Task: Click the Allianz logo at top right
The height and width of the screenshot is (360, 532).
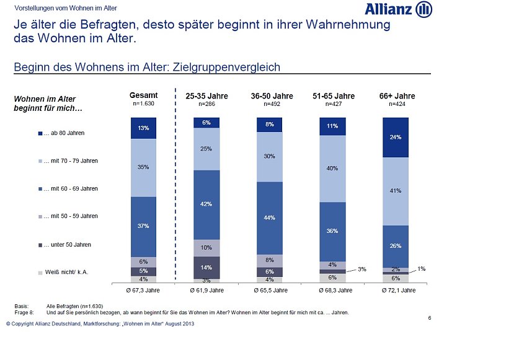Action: [x=398, y=9]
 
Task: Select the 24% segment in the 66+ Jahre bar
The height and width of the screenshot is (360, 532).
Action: [x=396, y=138]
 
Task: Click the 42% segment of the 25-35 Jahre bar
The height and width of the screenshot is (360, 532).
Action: [x=206, y=204]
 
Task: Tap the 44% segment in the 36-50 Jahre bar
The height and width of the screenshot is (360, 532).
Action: [x=269, y=217]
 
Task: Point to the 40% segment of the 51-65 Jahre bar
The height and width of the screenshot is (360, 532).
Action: [x=332, y=169]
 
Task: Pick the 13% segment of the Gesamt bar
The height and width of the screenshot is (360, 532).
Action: [x=143, y=128]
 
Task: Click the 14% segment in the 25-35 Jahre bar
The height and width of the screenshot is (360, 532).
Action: [x=206, y=267]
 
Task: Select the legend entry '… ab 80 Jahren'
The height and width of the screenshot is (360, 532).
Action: [x=64, y=133]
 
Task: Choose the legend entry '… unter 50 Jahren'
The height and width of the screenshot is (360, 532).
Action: [x=67, y=245]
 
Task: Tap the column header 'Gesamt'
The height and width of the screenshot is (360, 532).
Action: [x=143, y=95]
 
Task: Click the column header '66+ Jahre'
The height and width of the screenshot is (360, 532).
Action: [x=397, y=96]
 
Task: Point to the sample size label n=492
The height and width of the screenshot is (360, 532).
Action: [x=272, y=105]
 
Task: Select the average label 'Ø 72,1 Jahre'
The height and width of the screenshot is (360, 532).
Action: [x=397, y=290]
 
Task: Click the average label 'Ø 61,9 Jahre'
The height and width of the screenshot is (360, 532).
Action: [x=207, y=290]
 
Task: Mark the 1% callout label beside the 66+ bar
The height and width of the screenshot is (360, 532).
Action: [x=422, y=268]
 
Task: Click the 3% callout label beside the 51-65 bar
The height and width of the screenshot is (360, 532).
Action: [x=363, y=269]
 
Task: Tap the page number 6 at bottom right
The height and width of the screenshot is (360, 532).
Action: [x=430, y=318]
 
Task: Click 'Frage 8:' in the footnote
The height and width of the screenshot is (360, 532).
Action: [x=24, y=312]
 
